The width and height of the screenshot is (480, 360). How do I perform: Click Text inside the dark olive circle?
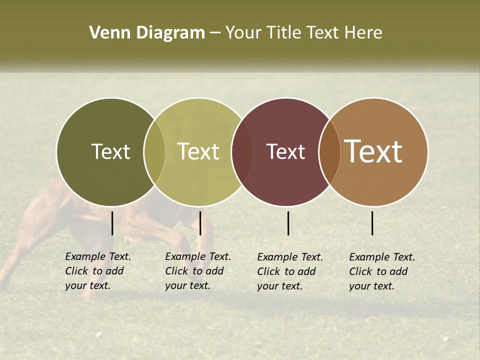click(110, 151)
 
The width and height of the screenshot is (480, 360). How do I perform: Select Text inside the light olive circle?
click(198, 151)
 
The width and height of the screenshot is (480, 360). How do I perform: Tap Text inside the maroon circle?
click(285, 151)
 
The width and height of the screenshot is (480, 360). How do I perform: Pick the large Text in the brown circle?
click(373, 151)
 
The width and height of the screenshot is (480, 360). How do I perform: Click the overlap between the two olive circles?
click(154, 152)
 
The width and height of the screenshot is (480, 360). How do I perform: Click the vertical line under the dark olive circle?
click(112, 223)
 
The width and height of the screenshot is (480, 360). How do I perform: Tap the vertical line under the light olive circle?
click(200, 223)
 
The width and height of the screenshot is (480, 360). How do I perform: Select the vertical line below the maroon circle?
click(288, 223)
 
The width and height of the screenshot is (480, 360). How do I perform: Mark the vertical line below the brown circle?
click(372, 223)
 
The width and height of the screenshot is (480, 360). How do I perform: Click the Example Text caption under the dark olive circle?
click(98, 271)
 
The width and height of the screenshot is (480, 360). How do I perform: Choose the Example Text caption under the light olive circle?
click(198, 271)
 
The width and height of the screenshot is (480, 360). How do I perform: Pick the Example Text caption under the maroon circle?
click(290, 271)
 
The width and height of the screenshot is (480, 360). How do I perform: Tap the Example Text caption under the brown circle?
click(382, 271)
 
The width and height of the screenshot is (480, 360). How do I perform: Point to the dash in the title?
click(215, 33)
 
